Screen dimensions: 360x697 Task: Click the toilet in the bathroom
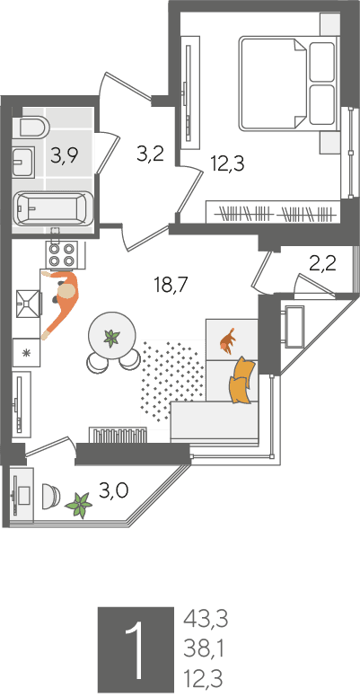point(31,128)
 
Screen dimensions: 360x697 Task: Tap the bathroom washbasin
point(22,162)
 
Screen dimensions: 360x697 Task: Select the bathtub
point(53,208)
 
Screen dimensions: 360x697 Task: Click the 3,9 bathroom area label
point(65,156)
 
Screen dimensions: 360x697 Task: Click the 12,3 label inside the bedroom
point(227,164)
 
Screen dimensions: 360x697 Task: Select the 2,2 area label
point(322,265)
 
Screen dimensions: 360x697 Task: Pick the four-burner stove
point(62,255)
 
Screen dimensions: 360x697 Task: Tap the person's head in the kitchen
point(67,293)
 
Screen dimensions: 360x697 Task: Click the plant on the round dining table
point(111,338)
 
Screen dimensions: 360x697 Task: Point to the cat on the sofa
point(227,341)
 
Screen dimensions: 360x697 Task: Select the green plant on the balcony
point(79,505)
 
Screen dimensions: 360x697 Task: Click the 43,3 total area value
point(206,619)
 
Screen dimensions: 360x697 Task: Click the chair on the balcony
point(50,496)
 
